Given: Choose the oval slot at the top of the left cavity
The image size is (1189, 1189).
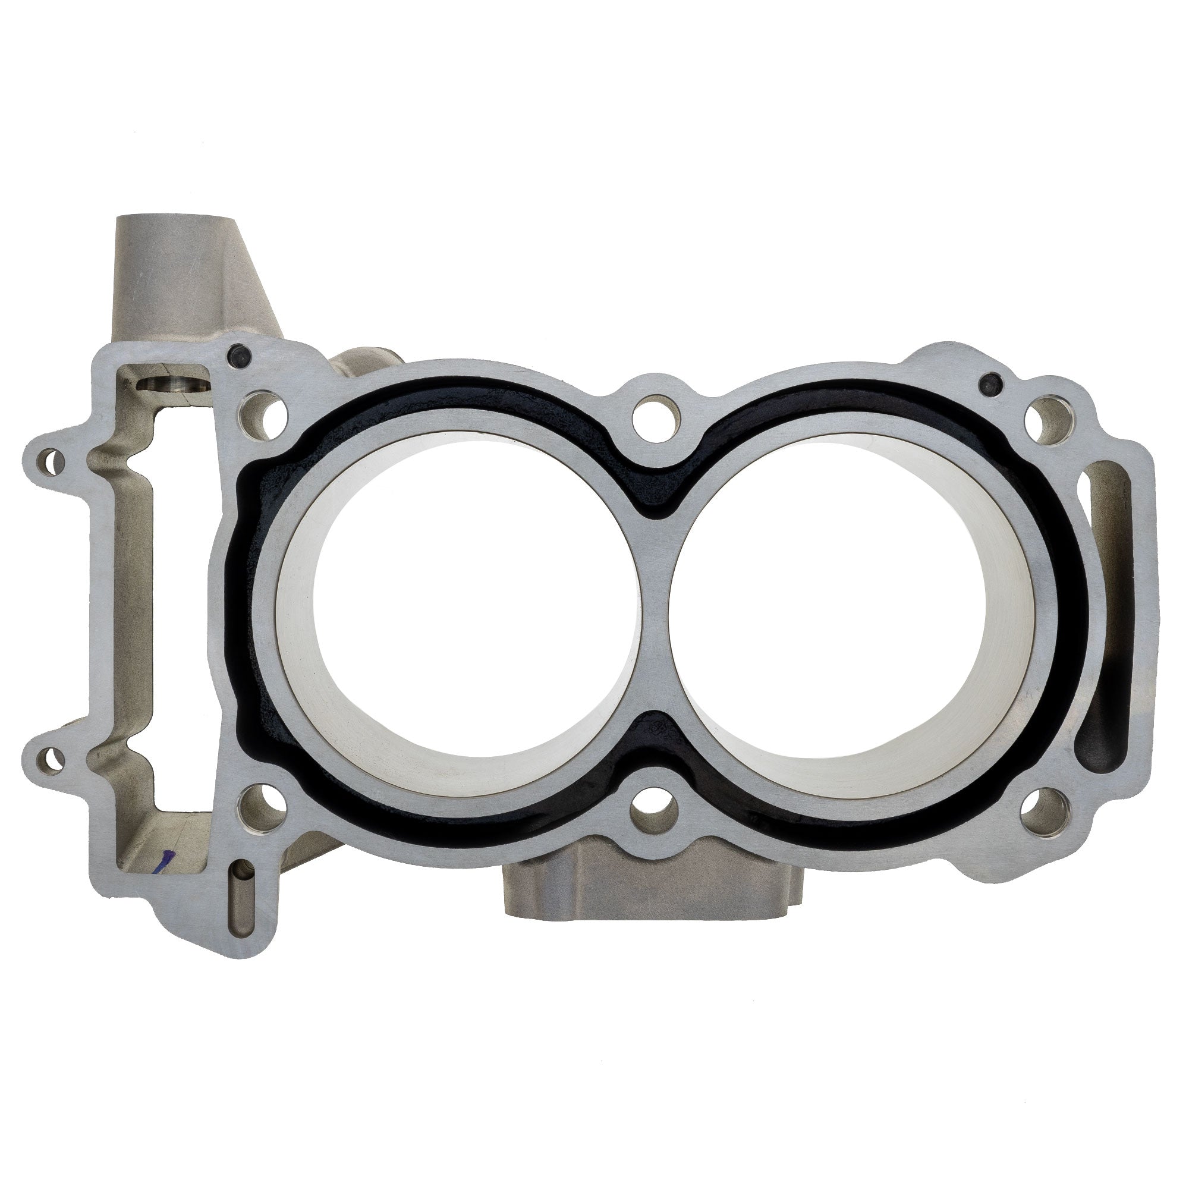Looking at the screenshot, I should coord(172,386).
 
